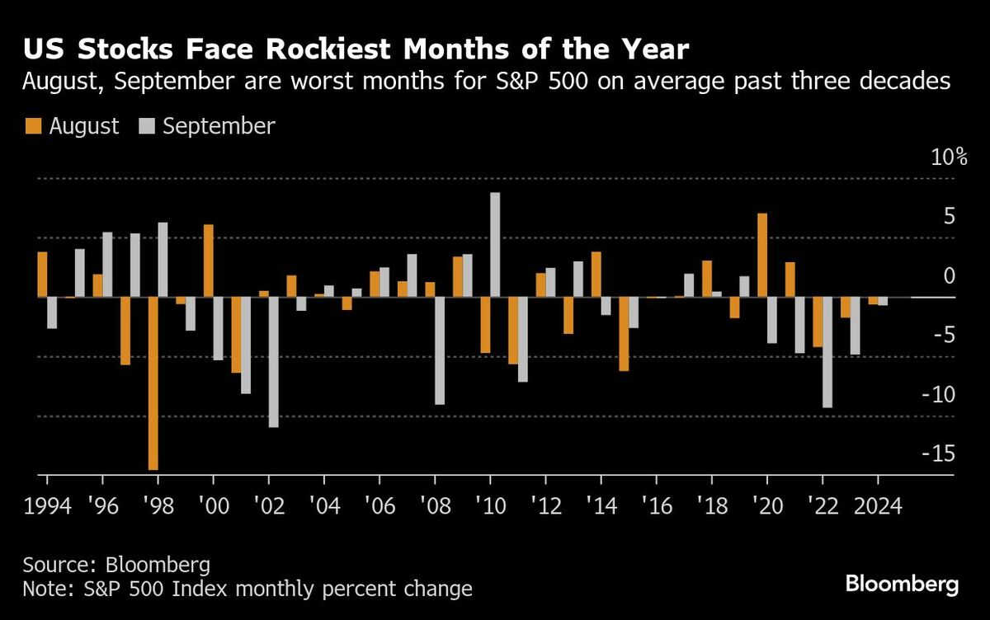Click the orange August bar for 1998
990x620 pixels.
[153, 383]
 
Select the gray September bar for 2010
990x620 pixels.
[495, 245]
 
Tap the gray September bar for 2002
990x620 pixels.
[273, 362]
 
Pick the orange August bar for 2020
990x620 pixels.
[762, 256]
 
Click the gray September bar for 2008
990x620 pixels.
[440, 350]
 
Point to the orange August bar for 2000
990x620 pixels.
[209, 261]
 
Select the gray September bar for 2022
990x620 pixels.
[827, 352]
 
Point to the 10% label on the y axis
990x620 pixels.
[949, 157]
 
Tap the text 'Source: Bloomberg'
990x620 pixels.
[116, 566]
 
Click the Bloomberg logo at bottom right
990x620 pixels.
[902, 585]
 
